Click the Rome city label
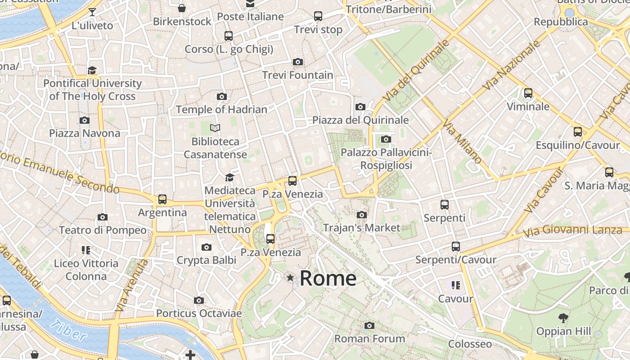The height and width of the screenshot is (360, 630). tap(328, 278)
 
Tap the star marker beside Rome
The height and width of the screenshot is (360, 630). tap(290, 278)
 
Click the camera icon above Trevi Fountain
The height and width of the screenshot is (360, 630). tap(297, 62)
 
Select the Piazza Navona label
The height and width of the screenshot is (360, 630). tap(85, 133)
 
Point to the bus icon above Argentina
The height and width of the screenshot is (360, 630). tap(162, 199)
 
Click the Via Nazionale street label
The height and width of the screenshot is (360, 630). tap(510, 65)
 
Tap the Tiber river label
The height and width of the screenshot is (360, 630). tap(68, 331)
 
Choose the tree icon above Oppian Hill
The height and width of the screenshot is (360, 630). tap(563, 318)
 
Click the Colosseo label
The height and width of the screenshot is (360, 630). tap(470, 344)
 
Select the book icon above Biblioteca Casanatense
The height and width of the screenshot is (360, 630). tap(216, 128)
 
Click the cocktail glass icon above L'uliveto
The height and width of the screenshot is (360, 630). tap(92, 12)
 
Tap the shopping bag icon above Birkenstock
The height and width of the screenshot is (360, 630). tap(182, 8)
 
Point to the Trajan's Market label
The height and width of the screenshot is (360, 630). tap(361, 228)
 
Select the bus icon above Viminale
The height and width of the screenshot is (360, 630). tap(528, 93)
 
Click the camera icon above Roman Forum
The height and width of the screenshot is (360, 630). tap(369, 325)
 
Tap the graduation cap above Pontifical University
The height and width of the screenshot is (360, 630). tap(92, 70)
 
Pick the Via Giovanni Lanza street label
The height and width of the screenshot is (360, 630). tap(572, 230)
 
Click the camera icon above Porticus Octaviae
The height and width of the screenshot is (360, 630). tap(199, 300)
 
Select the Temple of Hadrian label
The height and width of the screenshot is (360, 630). tap(221, 109)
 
